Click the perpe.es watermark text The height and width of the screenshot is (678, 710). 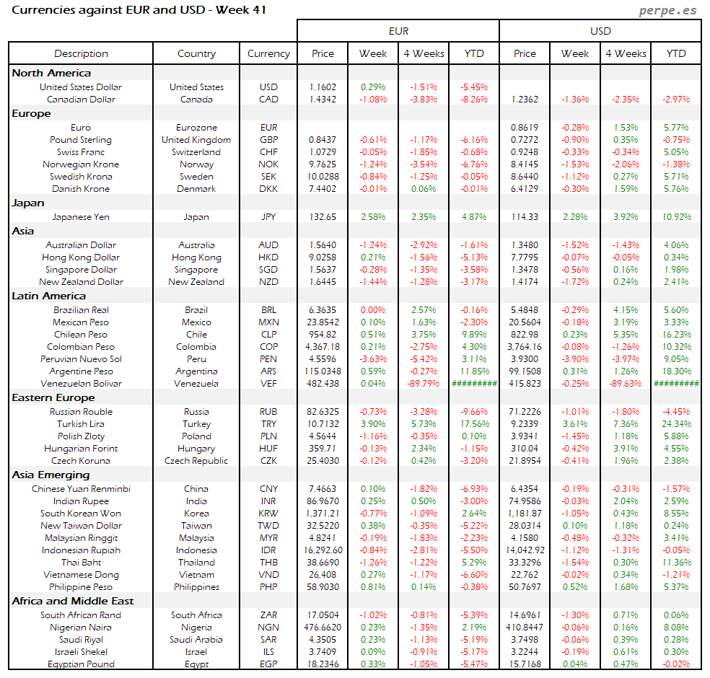coord(669,11)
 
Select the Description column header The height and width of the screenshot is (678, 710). coord(81,53)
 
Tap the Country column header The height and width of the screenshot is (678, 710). coord(196,53)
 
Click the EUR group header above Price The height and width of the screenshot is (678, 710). coord(398,30)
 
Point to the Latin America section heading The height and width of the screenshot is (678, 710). coord(48,296)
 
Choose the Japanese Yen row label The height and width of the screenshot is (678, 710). coord(81,216)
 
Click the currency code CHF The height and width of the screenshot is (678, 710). coord(268,152)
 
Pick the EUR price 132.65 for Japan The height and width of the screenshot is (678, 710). coord(323,216)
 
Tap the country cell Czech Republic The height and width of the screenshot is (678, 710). coord(196,461)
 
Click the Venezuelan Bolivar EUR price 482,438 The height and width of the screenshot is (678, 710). coord(323,384)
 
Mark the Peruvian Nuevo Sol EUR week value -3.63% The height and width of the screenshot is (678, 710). coord(373,359)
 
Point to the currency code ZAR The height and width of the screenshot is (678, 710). coord(268,615)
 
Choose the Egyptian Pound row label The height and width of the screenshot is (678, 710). coord(81,664)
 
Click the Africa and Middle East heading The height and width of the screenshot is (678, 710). coord(73,601)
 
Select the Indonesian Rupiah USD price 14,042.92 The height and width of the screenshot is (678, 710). coord(525,550)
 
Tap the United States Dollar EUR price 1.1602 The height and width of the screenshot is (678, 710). coord(323,87)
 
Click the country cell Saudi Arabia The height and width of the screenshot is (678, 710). coord(196,640)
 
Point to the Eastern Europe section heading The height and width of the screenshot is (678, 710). coord(51,397)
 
